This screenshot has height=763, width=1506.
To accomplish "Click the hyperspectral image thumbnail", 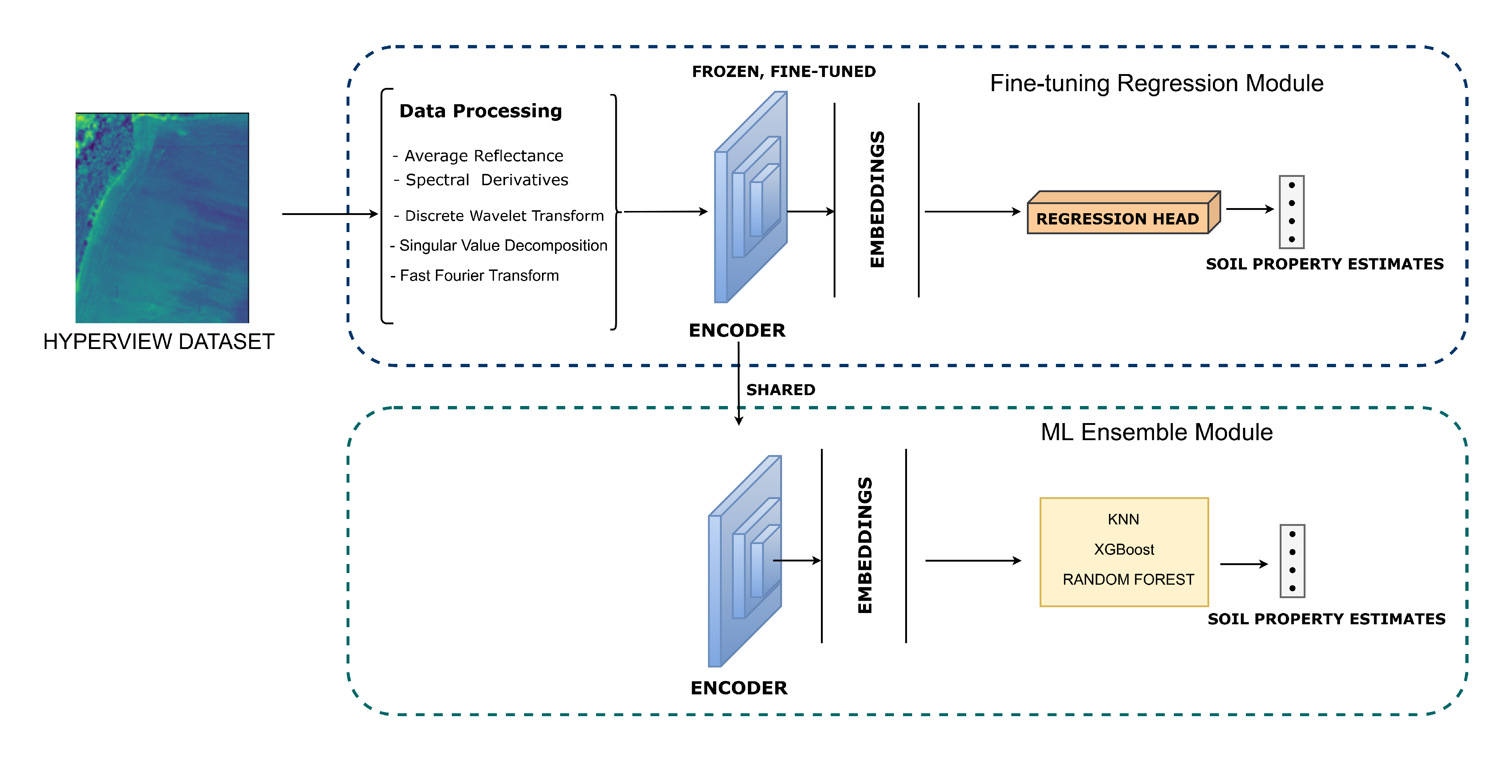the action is coord(162,218).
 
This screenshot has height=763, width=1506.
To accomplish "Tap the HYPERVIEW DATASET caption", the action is coord(158,341).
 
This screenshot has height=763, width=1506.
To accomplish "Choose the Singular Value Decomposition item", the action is coord(499,245).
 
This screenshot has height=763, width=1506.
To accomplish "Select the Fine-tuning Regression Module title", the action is coord(1157,83).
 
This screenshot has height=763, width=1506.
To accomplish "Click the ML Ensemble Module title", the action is coord(1157,432).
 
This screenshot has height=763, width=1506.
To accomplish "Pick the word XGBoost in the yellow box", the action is coord(1124,549).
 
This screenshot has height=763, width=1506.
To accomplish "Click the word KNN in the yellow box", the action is coord(1123,519).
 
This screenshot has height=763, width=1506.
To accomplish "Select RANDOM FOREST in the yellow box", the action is coord(1128,579).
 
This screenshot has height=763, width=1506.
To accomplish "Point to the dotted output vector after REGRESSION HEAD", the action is coord(1291,212).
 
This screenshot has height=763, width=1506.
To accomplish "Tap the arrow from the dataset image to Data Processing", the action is coord(330,214).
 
